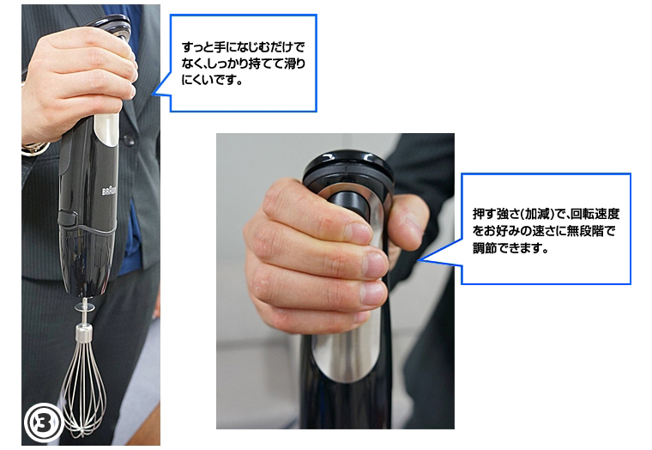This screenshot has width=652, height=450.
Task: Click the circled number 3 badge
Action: [x=44, y=423]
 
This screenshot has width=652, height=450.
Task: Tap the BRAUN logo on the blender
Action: [x=109, y=191]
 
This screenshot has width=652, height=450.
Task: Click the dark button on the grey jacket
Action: [x=129, y=140]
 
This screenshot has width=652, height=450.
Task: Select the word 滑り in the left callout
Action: [x=294, y=64]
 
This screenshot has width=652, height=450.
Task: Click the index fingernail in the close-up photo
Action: [x=358, y=233]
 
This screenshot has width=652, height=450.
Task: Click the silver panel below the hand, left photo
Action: [x=106, y=129]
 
